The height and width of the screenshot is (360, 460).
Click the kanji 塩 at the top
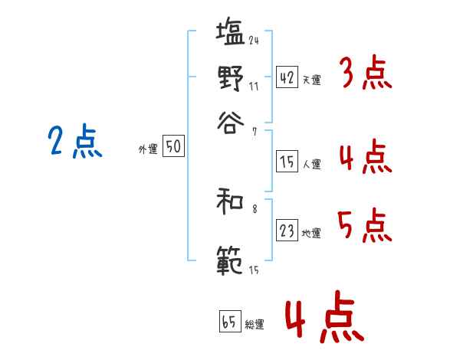230,34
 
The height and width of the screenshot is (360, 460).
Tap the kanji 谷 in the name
230,120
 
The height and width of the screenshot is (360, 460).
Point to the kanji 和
230,203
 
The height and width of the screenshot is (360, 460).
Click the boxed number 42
287,77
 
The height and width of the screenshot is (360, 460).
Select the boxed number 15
287,162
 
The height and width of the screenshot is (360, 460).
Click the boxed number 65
229,322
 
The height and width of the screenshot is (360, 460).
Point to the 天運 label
311,80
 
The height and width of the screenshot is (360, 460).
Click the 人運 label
311,164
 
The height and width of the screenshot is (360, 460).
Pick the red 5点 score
364,225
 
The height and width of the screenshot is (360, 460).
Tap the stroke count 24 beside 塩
253,41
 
